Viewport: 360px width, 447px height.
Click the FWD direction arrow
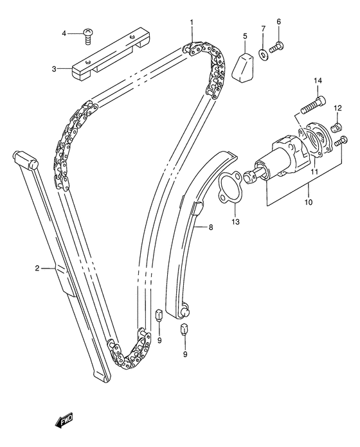64,420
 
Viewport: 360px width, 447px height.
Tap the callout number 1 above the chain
192,22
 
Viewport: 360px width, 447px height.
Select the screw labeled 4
88,37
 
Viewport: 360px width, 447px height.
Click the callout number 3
54,69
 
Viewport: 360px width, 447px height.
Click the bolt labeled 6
276,48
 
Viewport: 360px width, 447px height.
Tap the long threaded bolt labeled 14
314,105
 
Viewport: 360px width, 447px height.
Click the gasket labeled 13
231,187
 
